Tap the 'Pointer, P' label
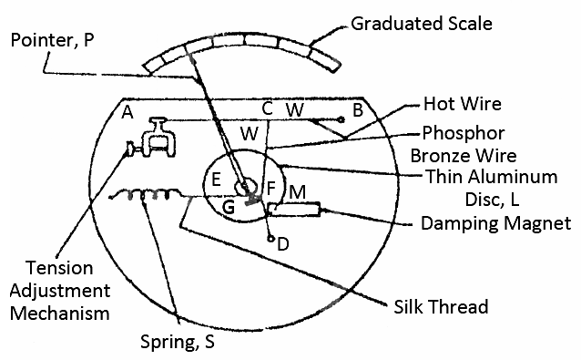tap(53, 40)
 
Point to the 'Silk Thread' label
tap(442, 306)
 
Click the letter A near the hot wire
tap(127, 112)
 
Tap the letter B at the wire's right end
tap(359, 109)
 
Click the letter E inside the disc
tap(216, 180)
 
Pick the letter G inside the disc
tap(229, 207)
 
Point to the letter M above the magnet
tap(297, 193)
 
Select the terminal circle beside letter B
tap(341, 118)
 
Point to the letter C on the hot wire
tap(267, 108)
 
